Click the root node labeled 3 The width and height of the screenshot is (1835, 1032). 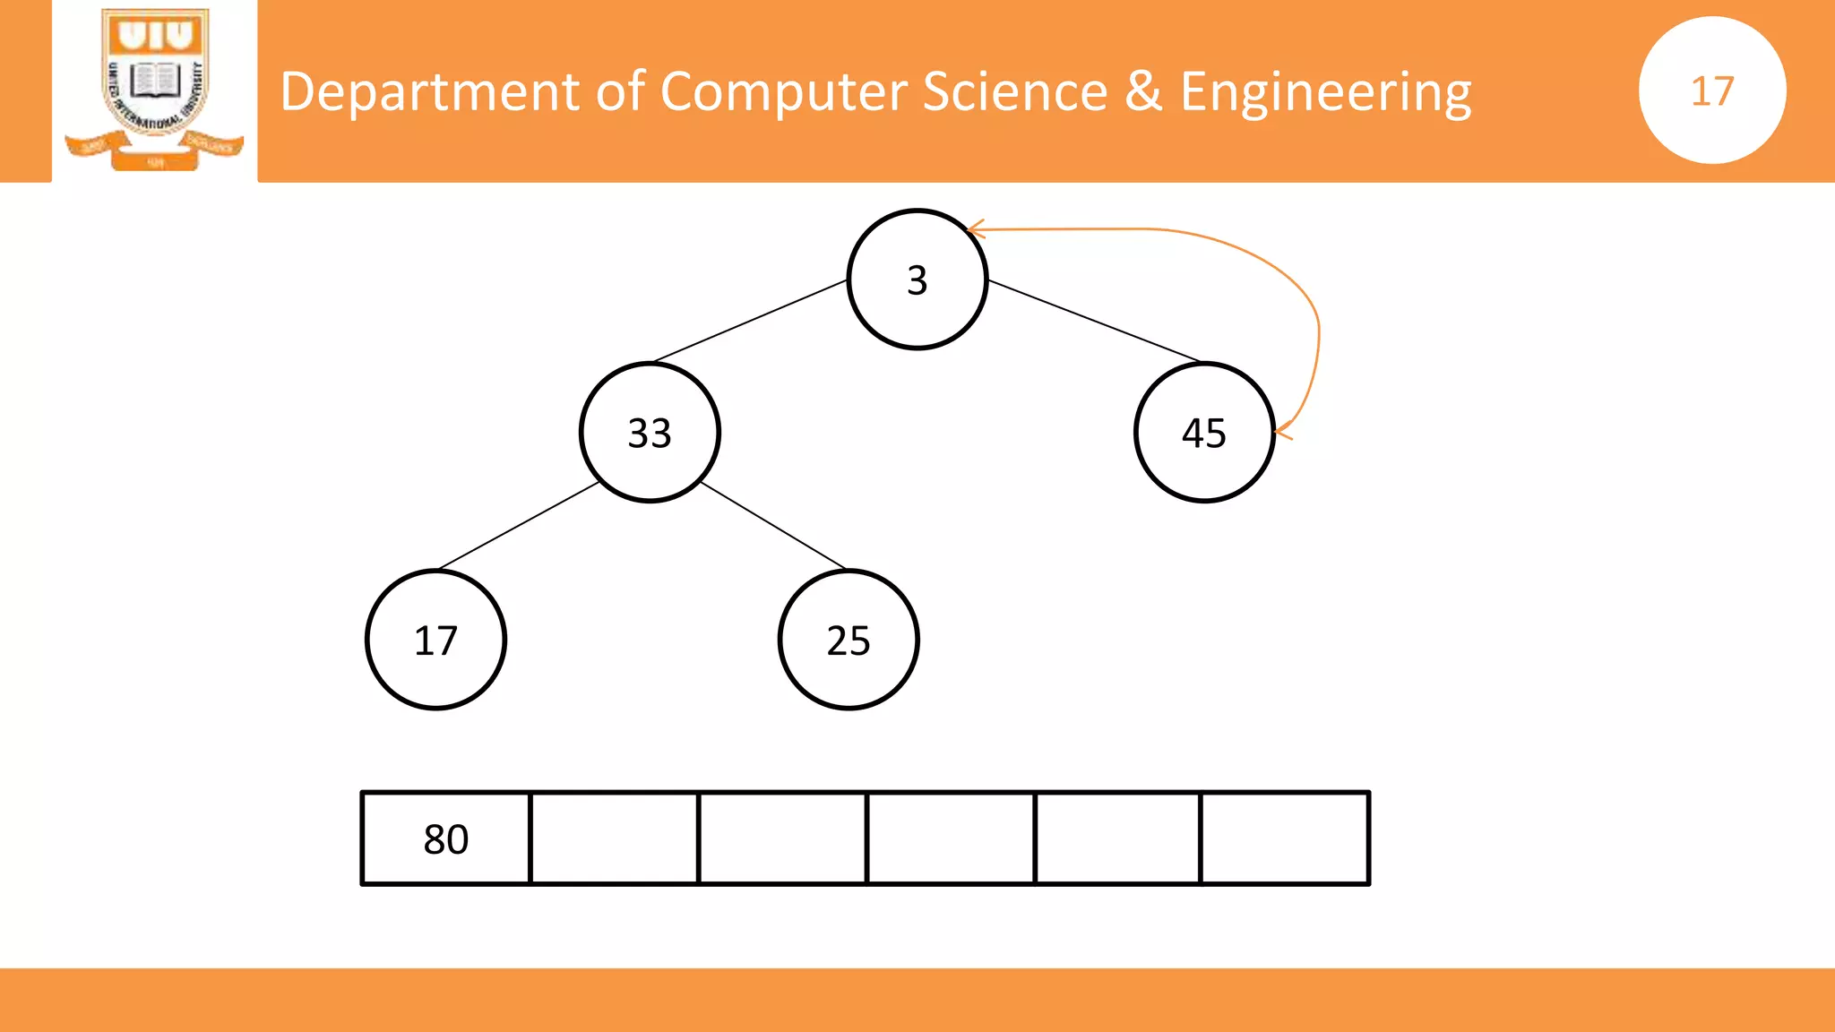coord(917,279)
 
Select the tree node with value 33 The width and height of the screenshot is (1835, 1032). coord(650,433)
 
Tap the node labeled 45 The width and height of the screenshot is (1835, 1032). coord(1203,433)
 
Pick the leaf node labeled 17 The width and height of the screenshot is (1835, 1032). coord(436,640)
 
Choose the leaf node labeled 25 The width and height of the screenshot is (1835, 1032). coord(849,640)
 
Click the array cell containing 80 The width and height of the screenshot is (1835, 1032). coord(446,838)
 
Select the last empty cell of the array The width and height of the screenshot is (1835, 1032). coord(1285,838)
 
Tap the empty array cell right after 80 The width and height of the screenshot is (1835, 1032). coord(615,838)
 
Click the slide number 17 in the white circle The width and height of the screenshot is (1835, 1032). coord(1712,90)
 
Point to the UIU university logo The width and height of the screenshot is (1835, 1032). coord(155,88)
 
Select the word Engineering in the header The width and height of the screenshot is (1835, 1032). coord(1325,92)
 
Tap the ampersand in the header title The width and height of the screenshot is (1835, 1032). coord(1143,92)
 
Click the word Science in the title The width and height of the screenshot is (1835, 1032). coord(1014,92)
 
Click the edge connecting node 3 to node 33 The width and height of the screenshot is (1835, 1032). coord(751,321)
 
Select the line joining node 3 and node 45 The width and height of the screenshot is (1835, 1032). coord(1093,321)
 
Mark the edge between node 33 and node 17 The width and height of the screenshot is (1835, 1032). coord(519,526)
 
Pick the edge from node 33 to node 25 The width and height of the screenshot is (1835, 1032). coord(772,525)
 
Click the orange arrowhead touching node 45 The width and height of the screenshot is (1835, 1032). coord(1282,431)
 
